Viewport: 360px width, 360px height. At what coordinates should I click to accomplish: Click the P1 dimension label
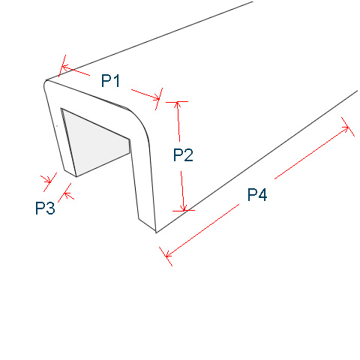110,80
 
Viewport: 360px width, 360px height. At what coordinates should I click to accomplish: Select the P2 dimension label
183,155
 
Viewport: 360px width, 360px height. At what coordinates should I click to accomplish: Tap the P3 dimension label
45,208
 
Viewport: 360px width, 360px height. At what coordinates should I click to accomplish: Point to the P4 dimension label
257,194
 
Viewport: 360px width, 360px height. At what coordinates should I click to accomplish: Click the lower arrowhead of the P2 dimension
184,208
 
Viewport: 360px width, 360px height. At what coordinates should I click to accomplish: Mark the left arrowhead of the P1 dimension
65,67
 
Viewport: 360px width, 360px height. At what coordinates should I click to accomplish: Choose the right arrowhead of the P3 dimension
67,194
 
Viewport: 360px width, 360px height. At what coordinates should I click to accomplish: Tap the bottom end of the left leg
70,173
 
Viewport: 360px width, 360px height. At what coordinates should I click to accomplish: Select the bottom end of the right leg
148,226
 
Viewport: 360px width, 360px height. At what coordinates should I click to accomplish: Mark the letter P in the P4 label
252,194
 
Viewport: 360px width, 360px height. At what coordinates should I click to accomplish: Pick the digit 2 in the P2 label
188,155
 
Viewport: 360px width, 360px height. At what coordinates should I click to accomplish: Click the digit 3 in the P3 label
50,208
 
